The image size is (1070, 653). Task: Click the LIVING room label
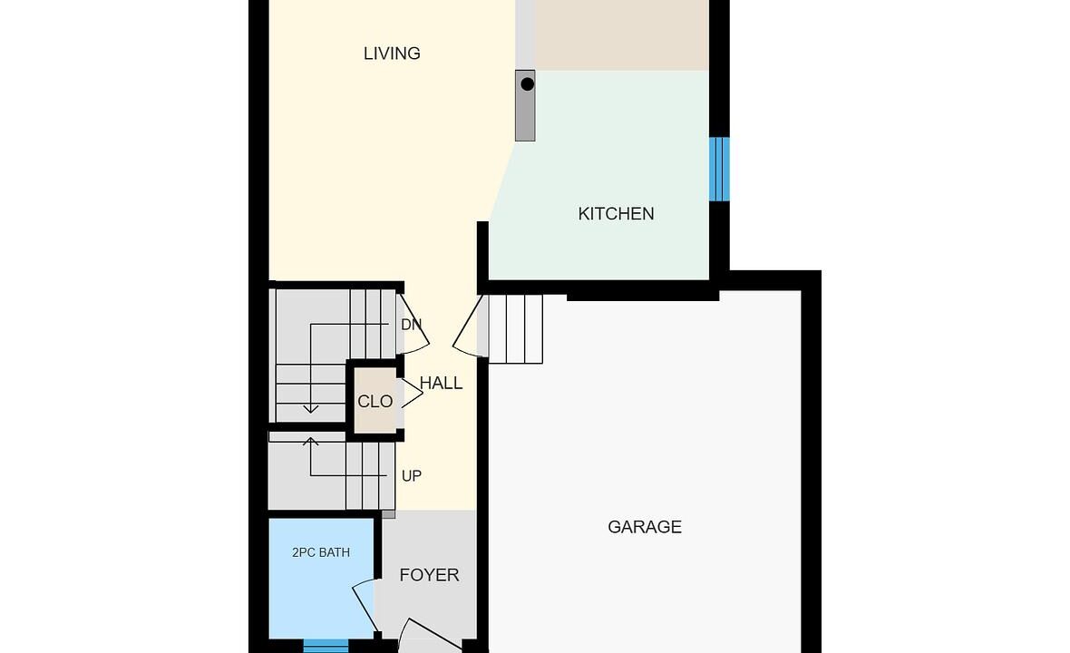click(392, 54)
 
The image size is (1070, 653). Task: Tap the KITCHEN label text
click(617, 213)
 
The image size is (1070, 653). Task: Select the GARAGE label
click(645, 527)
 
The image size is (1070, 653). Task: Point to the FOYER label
click(429, 575)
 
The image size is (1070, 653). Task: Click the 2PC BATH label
click(321, 552)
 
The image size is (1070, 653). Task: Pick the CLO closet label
click(375, 402)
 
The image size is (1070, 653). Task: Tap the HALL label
click(442, 384)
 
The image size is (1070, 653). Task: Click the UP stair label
click(412, 476)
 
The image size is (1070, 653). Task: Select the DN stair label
click(411, 325)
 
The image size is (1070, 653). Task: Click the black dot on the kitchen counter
click(528, 84)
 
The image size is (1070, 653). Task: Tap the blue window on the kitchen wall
click(719, 170)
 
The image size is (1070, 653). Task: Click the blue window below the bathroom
click(326, 646)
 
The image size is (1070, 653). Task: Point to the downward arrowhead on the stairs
click(311, 409)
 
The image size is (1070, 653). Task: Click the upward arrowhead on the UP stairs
click(311, 441)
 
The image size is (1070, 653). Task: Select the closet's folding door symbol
click(413, 394)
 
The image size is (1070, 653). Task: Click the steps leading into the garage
click(516, 329)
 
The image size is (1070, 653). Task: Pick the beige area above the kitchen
click(621, 34)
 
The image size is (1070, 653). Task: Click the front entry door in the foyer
click(430, 635)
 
